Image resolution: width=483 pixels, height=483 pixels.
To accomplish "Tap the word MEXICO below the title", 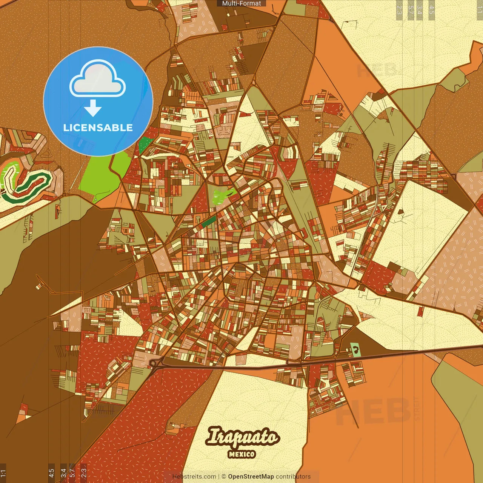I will click(242, 454).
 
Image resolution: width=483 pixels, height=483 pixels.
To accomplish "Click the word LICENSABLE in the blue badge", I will click(98, 128).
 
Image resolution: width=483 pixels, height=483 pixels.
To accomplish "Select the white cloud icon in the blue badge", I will click(97, 80).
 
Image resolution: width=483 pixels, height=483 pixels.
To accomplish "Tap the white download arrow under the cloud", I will click(93, 108).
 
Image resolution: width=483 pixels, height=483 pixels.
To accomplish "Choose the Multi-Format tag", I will click(241, 3).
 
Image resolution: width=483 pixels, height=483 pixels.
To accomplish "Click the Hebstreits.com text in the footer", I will click(194, 477).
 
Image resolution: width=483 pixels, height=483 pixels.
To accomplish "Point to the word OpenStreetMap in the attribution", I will click(251, 477).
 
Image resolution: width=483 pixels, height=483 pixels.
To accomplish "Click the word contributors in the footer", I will click(293, 477).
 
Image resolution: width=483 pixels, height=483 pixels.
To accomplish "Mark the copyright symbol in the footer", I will click(224, 477).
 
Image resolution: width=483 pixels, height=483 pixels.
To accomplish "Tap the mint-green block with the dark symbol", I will click(355, 350).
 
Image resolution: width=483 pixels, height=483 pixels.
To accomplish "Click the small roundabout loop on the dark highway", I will click(153, 363).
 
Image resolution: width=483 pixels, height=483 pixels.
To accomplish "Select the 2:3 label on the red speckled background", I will click(84, 472).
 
